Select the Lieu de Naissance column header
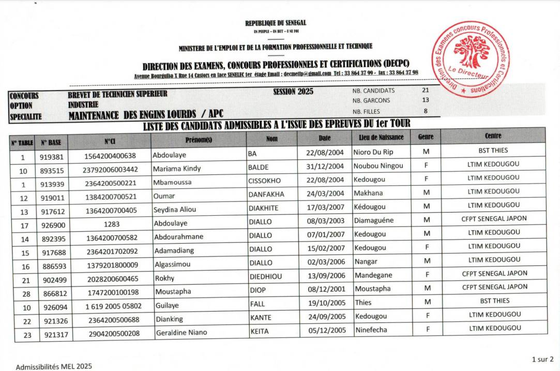381,137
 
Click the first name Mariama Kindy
177,168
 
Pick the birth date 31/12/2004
325,166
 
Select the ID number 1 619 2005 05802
113,306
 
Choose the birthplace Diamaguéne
374,220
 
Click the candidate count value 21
426,90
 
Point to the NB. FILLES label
366,111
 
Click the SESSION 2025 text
293,92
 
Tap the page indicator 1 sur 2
542,359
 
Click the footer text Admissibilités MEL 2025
54,367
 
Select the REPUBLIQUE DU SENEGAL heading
276,23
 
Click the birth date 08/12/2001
325,289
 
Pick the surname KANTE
261,317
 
